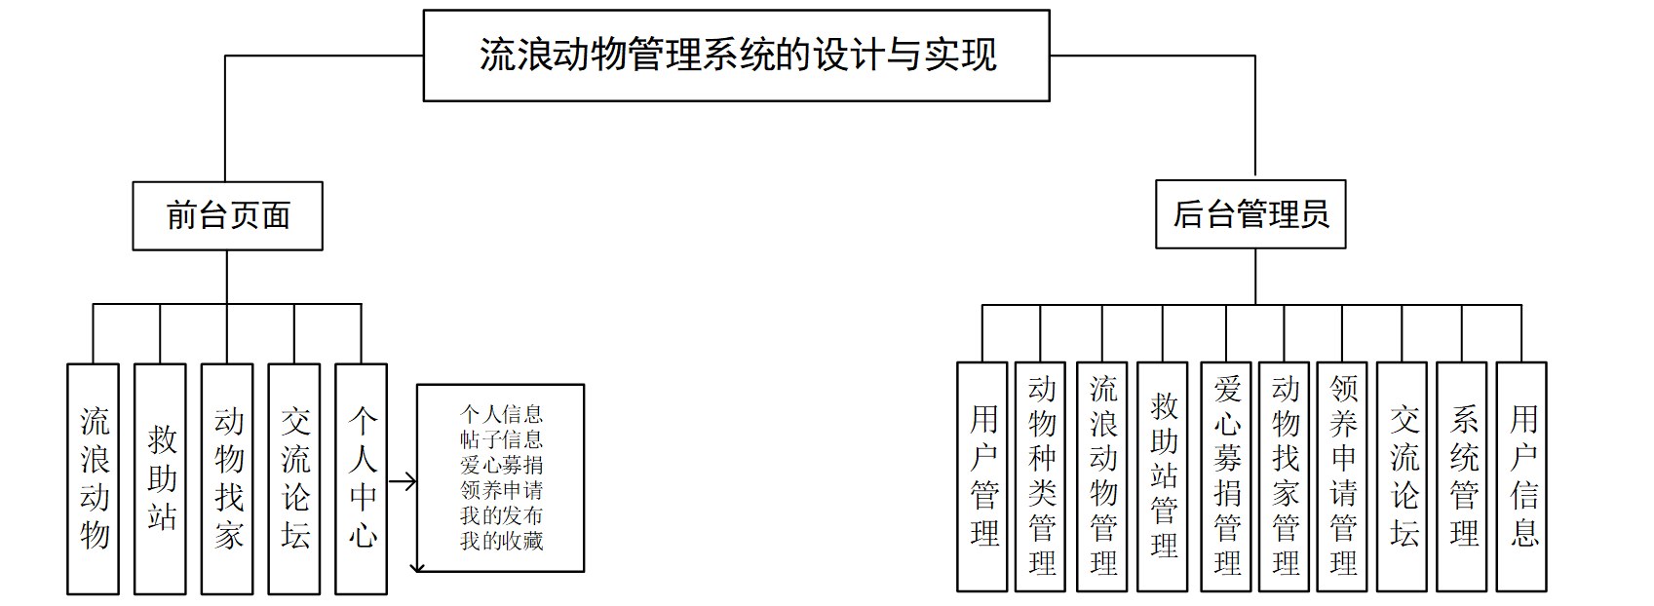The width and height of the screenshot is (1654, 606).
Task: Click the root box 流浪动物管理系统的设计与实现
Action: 736,56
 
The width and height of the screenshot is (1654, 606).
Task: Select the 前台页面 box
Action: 228,215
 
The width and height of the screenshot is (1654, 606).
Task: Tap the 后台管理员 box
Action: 1250,214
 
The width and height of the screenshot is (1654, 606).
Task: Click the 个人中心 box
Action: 362,478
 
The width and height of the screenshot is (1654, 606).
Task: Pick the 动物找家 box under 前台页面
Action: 227,478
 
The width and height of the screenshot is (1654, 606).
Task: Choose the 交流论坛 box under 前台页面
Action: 294,478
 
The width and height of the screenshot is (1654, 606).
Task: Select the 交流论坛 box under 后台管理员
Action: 1403,476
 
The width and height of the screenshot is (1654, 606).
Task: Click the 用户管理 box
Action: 982,476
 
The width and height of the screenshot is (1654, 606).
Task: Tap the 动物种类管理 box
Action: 1041,476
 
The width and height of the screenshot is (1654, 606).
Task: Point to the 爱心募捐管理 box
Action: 1226,476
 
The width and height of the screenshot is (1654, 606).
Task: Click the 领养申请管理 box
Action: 1342,476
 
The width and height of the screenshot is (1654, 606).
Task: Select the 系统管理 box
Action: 1462,476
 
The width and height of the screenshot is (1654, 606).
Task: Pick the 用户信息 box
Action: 1522,476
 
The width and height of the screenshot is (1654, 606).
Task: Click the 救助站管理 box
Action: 1163,476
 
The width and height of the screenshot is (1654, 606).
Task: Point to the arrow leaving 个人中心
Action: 403,481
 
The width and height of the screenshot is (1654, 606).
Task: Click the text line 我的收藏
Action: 502,541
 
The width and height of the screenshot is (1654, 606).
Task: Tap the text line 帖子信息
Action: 502,439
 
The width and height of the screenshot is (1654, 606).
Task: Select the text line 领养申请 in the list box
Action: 502,490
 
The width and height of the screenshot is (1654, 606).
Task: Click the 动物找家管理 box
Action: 1285,476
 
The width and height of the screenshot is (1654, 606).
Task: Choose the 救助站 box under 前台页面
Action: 161,478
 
